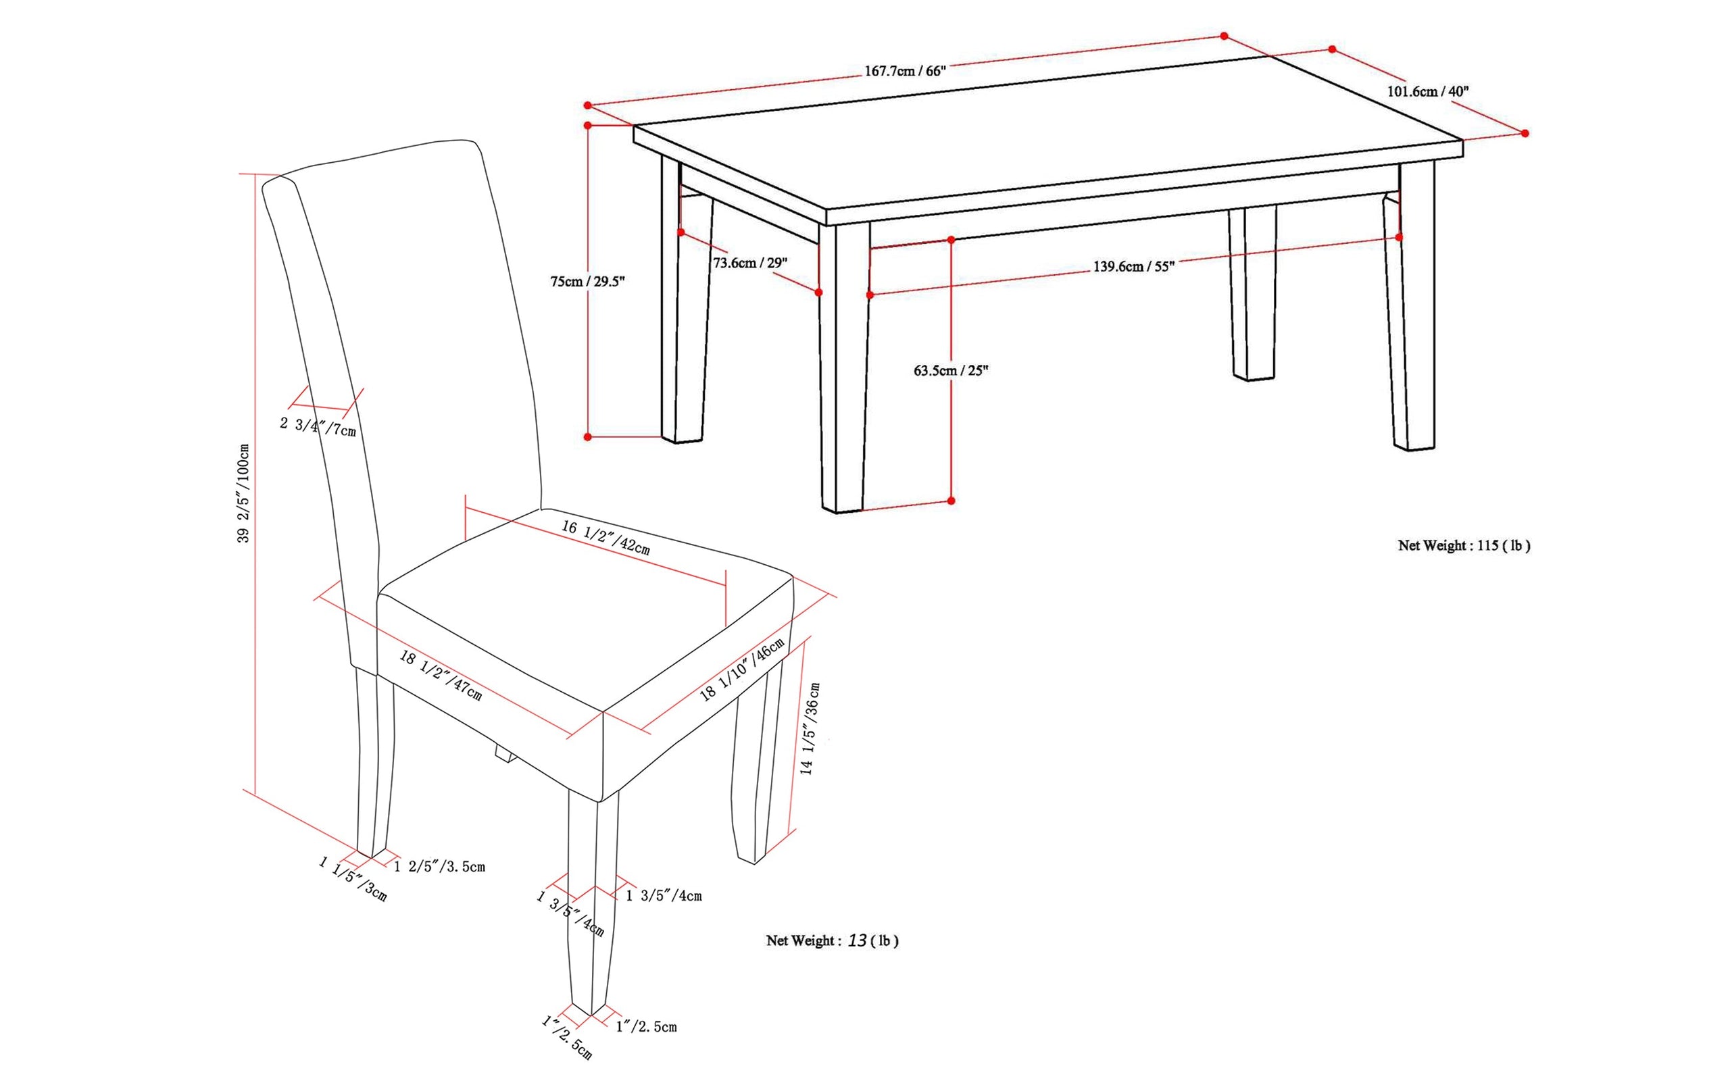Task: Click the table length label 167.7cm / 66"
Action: point(906,71)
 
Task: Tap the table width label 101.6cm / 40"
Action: point(1428,91)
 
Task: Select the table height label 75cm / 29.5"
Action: point(587,282)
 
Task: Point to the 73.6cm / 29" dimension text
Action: point(749,263)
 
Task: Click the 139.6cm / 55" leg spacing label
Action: point(1133,266)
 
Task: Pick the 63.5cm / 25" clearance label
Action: point(951,370)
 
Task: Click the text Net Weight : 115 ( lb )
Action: point(1464,545)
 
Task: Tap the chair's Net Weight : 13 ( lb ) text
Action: point(832,940)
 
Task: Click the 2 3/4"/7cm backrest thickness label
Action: point(318,427)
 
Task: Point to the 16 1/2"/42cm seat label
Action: point(605,538)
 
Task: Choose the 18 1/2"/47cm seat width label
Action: point(441,676)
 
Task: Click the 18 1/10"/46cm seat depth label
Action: point(742,668)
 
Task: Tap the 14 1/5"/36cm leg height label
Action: point(810,728)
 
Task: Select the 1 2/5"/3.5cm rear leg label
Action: point(439,867)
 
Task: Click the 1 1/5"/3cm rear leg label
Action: point(353,879)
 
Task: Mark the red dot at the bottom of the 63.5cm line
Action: point(951,501)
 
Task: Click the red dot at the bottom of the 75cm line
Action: point(587,437)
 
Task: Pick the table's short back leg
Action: point(1253,294)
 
